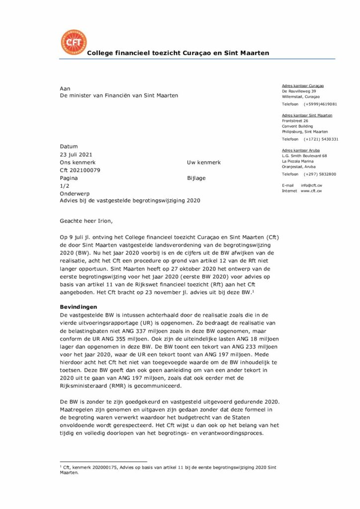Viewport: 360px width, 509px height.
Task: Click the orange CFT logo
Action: tap(73, 43)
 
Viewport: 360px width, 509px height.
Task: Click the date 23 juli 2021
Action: tap(76, 155)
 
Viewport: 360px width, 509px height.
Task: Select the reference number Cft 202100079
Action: tap(80, 170)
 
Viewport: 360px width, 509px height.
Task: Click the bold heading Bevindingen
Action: tap(79, 307)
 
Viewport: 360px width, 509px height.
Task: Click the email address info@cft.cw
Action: tap(311, 185)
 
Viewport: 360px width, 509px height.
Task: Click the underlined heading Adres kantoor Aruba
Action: tap(301, 150)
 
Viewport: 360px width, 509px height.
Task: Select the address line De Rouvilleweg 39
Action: tap(299, 91)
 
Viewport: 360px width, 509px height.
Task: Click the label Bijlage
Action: tap(196, 178)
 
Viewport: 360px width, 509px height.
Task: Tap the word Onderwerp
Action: tap(75, 193)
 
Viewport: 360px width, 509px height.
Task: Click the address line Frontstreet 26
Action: tap(295, 120)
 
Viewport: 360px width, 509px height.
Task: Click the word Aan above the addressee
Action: tap(65, 88)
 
